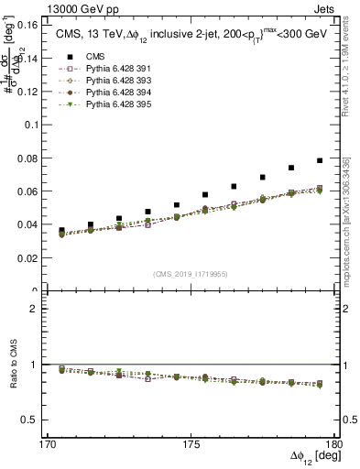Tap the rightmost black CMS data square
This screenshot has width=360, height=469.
pyautogui.click(x=320, y=160)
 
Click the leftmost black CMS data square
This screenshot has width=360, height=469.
pyautogui.click(x=61, y=231)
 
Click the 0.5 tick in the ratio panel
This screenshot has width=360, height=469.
pyautogui.click(x=40, y=420)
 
